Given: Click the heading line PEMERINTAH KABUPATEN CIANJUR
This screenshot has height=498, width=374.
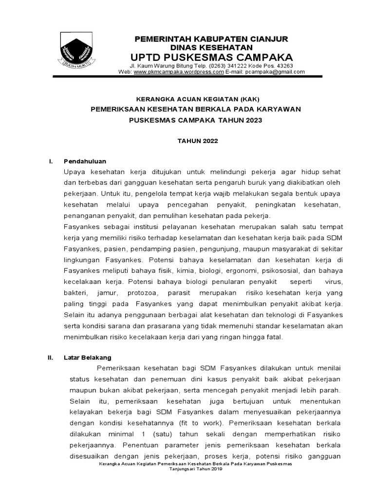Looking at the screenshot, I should (211, 38).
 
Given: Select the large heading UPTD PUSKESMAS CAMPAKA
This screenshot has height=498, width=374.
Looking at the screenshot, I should (211, 57).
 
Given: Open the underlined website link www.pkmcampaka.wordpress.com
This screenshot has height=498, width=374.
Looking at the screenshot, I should (179, 71).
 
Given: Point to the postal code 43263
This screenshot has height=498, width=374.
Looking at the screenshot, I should (283, 65).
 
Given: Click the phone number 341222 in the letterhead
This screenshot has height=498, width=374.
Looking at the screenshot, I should (228, 65).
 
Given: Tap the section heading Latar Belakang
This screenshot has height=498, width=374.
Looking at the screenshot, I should (88, 357).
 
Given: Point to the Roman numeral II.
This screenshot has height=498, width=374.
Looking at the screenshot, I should (50, 357).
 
